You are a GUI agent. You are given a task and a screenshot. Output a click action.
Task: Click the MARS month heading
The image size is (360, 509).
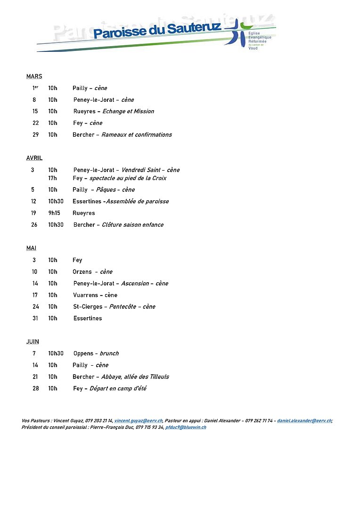pyautogui.click(x=34, y=76)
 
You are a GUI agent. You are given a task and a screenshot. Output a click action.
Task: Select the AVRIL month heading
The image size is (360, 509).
pyautogui.click(x=34, y=158)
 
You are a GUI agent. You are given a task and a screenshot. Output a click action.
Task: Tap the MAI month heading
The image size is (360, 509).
pyautogui.click(x=31, y=248)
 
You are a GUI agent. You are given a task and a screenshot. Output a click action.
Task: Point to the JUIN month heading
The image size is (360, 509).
pyautogui.click(x=33, y=342)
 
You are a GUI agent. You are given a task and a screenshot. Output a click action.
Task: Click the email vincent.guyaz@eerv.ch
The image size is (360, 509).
pyautogui.click(x=139, y=420)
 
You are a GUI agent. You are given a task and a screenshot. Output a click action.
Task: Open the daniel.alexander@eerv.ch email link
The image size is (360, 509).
pyautogui.click(x=304, y=420)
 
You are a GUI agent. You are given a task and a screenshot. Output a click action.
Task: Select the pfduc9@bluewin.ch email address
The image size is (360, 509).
pyautogui.click(x=186, y=427)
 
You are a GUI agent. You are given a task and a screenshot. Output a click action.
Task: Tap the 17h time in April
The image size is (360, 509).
pyautogui.click(x=52, y=178)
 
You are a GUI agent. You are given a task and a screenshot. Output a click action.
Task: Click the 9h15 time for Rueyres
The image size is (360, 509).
pyautogui.click(x=54, y=213)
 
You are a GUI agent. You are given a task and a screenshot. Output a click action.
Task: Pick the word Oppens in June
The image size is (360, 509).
pyautogui.click(x=83, y=353)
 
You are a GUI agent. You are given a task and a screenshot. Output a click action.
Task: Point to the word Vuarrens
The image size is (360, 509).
pyautogui.click(x=85, y=295)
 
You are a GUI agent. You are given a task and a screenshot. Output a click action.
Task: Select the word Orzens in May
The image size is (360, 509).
pyautogui.click(x=82, y=272)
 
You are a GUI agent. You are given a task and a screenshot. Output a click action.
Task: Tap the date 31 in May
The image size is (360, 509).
pyautogui.click(x=34, y=319)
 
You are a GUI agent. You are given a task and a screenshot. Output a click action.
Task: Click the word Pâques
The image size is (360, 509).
pyautogui.click(x=106, y=190)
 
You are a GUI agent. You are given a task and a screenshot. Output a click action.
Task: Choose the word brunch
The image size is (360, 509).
pyautogui.click(x=109, y=353)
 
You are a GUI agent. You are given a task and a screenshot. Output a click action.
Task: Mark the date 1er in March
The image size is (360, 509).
pyautogui.click(x=35, y=88)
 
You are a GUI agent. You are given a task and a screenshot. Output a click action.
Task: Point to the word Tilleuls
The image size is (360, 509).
pyautogui.click(x=158, y=377)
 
